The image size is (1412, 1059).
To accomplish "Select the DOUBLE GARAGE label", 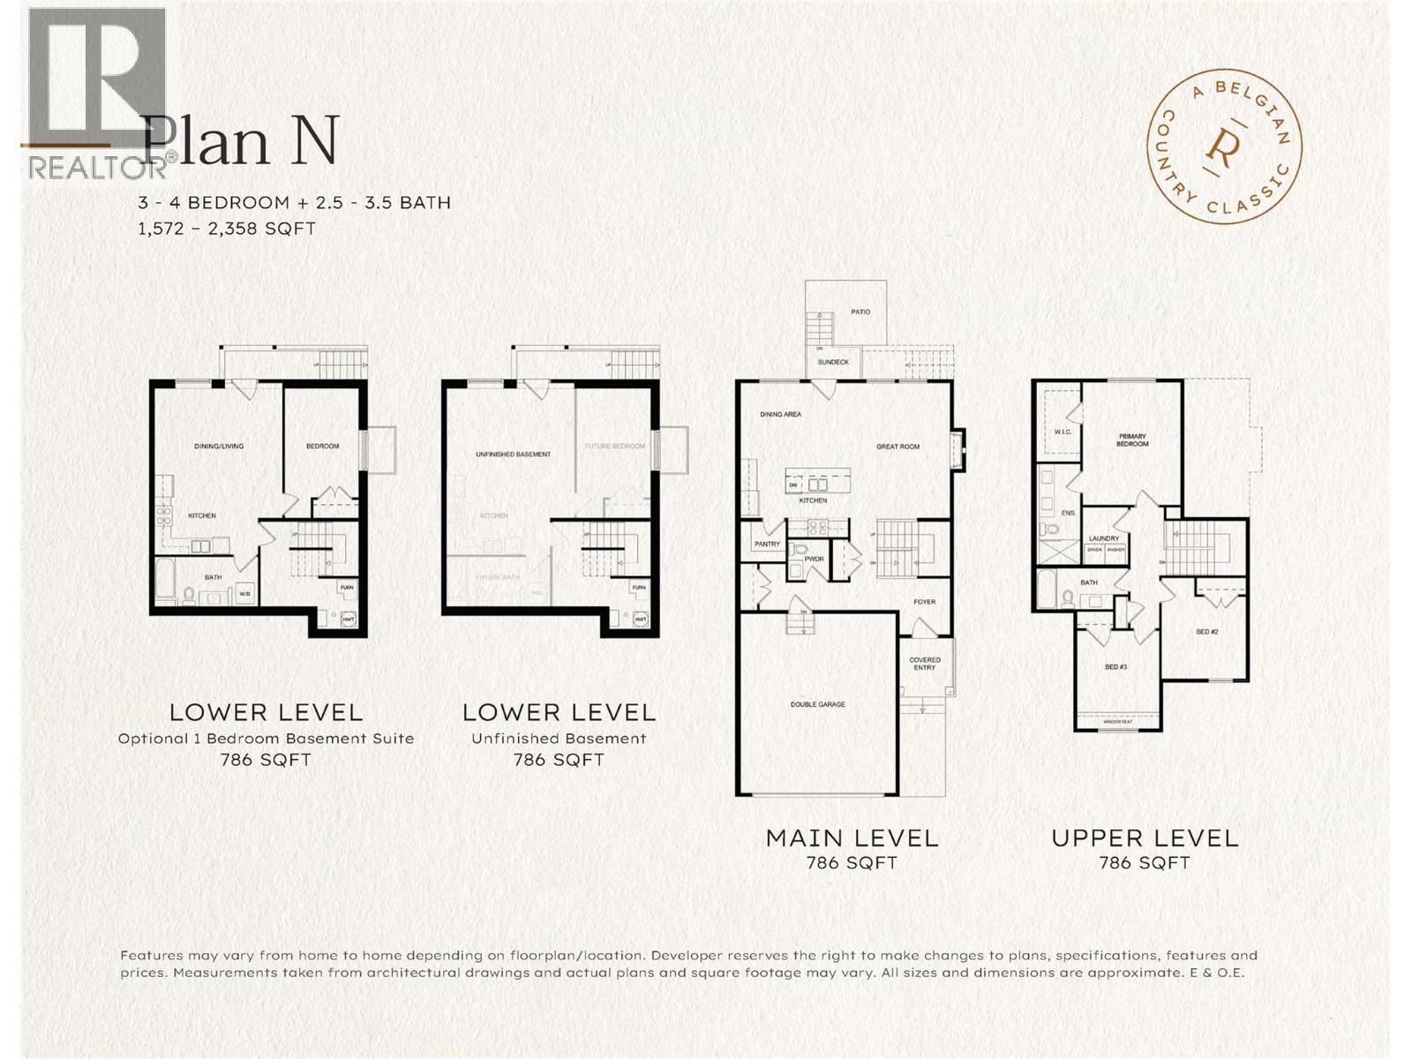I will [x=817, y=704].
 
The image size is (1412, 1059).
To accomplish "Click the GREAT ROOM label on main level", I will [x=898, y=447].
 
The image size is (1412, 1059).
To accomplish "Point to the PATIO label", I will [x=860, y=312].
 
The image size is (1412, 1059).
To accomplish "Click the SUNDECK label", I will [x=833, y=362].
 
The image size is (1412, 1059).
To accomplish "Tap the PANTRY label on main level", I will [x=767, y=545].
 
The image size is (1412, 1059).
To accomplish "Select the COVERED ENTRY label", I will [x=925, y=664].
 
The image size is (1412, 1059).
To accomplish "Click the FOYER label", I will [x=924, y=602].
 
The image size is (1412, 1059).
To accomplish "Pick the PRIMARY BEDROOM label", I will [x=1132, y=440].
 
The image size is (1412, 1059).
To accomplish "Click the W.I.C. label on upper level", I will [x=1062, y=432].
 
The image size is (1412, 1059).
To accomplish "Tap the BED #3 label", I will [x=1116, y=667].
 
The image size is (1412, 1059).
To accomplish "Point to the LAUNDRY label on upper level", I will [x=1104, y=538].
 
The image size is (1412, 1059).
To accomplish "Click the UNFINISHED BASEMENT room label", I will [x=513, y=454].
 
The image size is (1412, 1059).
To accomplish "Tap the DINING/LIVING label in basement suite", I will [x=219, y=447].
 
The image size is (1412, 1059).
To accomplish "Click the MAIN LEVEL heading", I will [x=852, y=838].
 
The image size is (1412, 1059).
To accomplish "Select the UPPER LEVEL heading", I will [x=1145, y=838].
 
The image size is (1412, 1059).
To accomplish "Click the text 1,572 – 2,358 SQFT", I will [x=226, y=229].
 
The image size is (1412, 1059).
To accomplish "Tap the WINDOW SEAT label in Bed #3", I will [x=1117, y=722].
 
